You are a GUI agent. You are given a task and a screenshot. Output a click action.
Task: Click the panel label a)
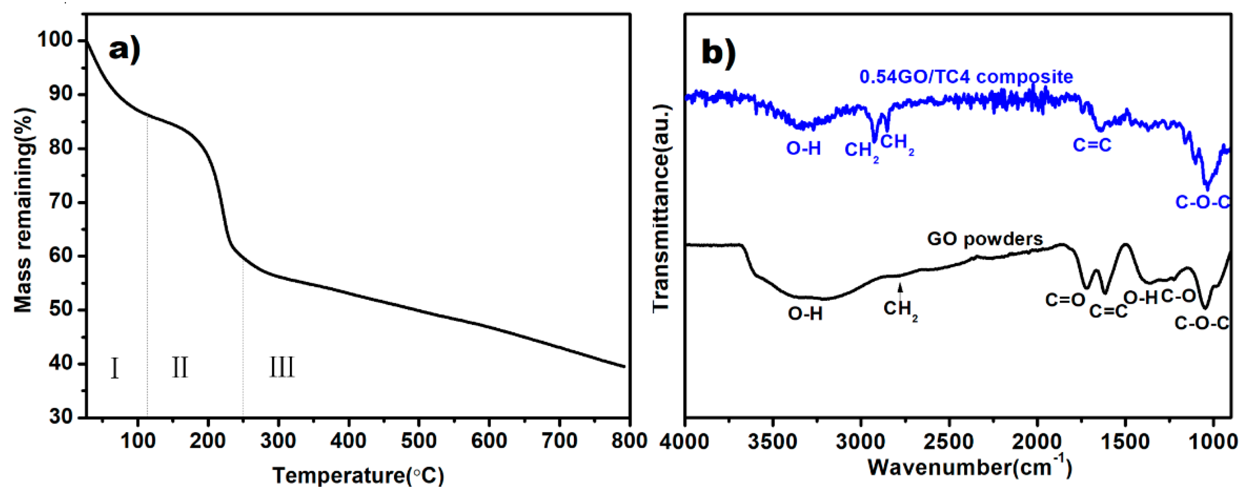pos(125,49)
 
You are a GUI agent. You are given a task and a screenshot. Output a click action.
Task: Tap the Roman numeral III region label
pos(282,368)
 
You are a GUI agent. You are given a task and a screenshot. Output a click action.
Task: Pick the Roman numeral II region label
pos(179,368)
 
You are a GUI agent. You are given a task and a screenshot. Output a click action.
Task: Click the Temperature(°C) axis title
pos(358,476)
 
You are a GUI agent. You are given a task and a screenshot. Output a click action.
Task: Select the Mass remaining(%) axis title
pos(23,210)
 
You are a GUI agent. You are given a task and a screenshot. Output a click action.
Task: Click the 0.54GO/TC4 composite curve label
pos(966,77)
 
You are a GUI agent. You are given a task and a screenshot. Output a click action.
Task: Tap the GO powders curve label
pos(985,239)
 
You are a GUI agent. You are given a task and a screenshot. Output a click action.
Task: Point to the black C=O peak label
pos(1065,300)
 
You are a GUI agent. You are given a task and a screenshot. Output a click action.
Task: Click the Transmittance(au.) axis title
pos(661,208)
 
